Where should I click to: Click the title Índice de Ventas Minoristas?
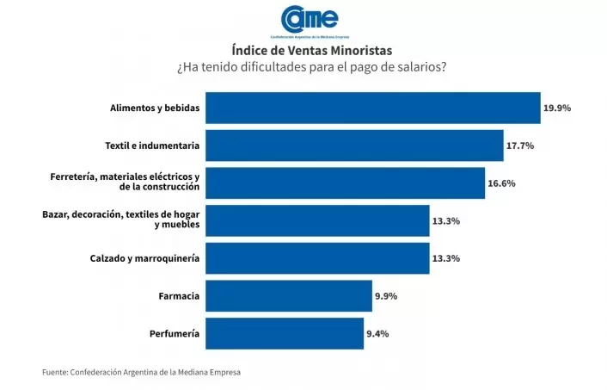(x=303, y=51)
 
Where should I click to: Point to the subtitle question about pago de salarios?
(x=303, y=67)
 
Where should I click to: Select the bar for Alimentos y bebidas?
(x=373, y=108)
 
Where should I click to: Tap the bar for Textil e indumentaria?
(x=354, y=145)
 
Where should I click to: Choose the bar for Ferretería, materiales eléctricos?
(x=346, y=183)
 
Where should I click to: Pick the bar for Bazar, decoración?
(x=317, y=220)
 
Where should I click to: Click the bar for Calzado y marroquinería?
(x=317, y=258)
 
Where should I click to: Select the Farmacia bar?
(x=289, y=295)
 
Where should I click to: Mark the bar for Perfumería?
(x=285, y=333)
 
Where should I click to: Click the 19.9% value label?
(x=557, y=108)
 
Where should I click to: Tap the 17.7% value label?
(x=520, y=145)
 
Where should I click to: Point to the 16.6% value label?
(x=502, y=183)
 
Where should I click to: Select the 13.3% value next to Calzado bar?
(x=445, y=258)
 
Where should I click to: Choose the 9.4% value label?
(x=379, y=333)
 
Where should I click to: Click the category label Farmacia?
(x=179, y=295)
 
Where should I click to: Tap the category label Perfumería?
(x=175, y=333)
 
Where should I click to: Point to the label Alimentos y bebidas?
(x=155, y=108)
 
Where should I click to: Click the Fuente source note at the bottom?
(x=142, y=372)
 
